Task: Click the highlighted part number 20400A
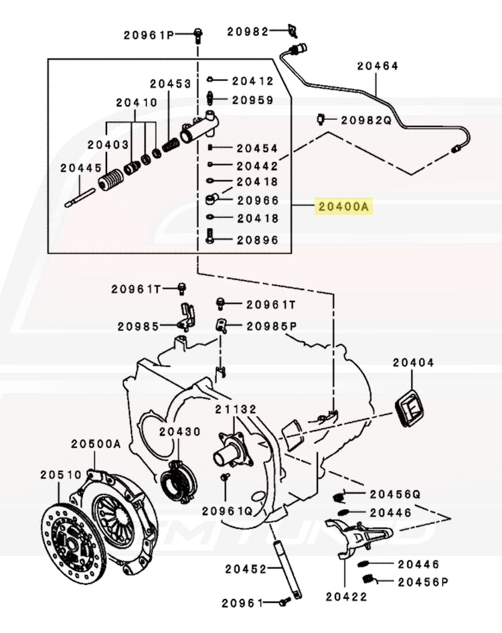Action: coord(343,208)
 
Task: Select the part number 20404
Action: coord(413,362)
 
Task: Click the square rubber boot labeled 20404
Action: coord(410,407)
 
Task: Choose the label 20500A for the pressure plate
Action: coord(96,443)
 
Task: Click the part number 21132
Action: coord(236,409)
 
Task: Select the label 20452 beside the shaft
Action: coord(245,569)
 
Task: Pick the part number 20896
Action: coord(255,239)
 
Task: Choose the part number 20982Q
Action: coord(365,121)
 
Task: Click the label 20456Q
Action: coord(395,494)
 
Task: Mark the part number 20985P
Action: coord(271,326)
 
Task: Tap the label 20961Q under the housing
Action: coord(227,510)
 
